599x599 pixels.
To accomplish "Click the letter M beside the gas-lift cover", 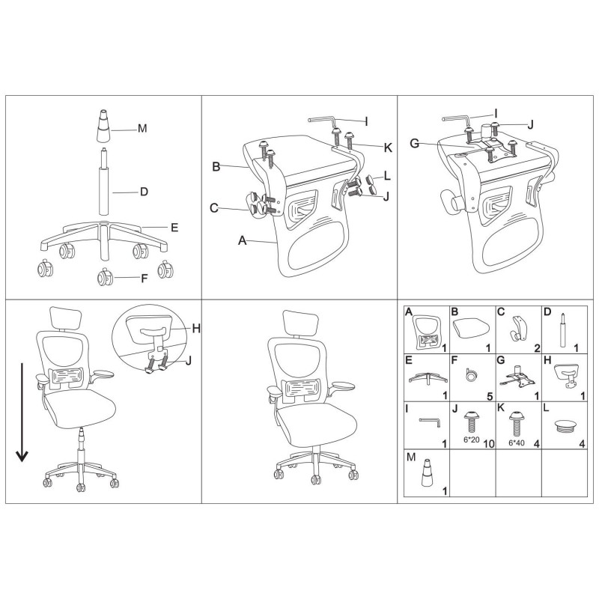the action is coord(142,128).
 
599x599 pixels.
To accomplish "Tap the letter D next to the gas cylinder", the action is coord(144,192).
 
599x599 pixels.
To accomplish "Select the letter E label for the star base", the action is coord(174,228).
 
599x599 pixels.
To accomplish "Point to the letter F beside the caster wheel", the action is coord(145,278).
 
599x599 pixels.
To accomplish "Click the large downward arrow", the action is coord(22,413).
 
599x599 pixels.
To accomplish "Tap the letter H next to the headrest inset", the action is coord(196,328).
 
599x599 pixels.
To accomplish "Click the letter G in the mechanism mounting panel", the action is coord(415,144).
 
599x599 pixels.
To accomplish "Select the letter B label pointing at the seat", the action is coord(216,167).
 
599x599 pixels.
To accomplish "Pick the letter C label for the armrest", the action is coord(214,208).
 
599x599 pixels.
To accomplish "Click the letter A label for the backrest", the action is coord(242,240).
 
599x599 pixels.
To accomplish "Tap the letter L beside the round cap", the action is coord(387,176).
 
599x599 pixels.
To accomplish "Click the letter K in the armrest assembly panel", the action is coord(388,148).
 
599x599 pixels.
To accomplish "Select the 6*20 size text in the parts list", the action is coord(472,440).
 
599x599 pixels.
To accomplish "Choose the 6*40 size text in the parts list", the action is coord(517,443).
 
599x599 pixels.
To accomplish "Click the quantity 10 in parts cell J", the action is coord(489,444).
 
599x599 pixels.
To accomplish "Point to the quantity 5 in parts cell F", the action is coord(490,397).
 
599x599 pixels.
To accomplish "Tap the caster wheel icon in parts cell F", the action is coord(471,375).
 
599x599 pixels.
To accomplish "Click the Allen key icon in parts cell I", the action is coord(430,422).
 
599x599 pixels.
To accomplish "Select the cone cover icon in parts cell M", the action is coord(427,473).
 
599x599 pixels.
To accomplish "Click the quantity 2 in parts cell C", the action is coord(538,348).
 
